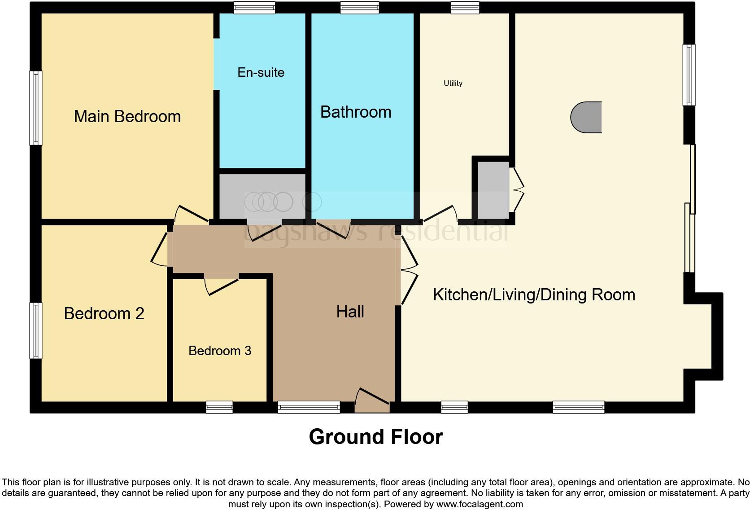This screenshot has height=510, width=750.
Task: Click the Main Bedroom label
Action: (127, 117)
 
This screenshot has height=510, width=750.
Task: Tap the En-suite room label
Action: (261, 73)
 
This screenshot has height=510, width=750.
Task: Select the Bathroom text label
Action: (356, 112)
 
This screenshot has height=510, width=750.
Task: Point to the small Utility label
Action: (453, 83)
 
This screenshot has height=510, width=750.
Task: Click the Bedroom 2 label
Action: (104, 313)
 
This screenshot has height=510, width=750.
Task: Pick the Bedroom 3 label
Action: (220, 351)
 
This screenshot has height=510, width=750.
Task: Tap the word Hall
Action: (350, 312)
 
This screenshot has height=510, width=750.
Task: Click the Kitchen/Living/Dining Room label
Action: (534, 295)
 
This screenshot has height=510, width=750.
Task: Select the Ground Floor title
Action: (375, 437)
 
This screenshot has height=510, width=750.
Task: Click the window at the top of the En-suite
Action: (254, 8)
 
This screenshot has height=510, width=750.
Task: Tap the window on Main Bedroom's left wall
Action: (36, 108)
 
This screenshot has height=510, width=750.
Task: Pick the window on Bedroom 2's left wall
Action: (36, 330)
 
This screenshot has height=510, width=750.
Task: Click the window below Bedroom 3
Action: (219, 407)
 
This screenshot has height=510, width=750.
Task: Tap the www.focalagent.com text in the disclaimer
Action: (480, 504)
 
